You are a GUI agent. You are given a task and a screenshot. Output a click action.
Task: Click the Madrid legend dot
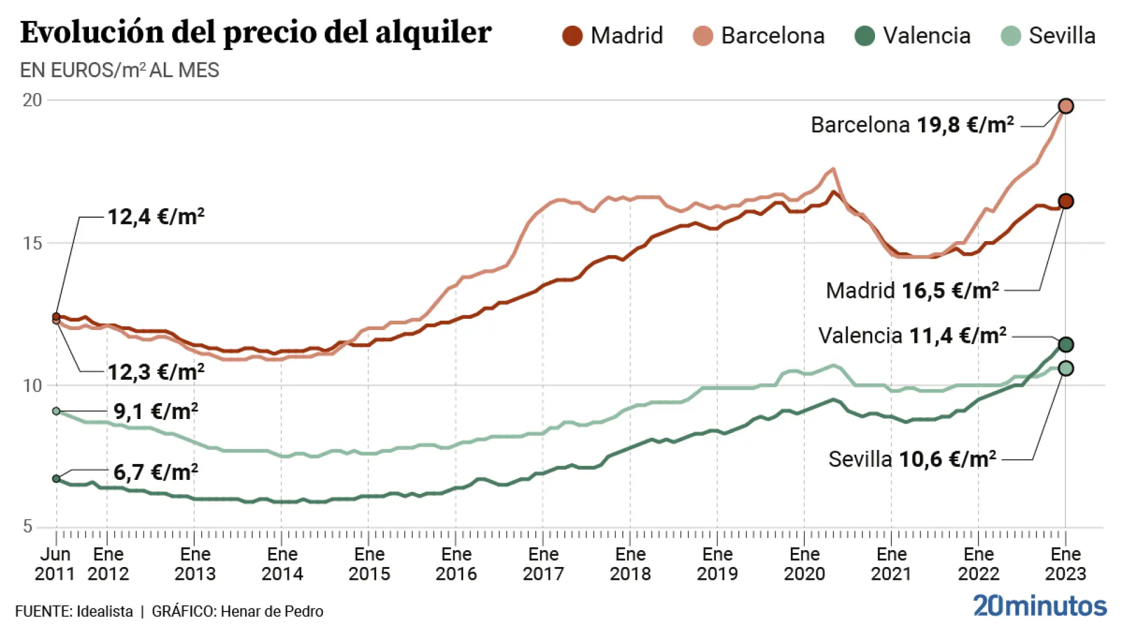click(x=572, y=36)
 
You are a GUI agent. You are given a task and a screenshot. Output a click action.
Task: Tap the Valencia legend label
click(x=926, y=36)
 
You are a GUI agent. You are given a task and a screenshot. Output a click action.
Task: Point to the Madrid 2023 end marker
click(x=1066, y=201)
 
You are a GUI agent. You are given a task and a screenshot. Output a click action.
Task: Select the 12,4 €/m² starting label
click(x=156, y=217)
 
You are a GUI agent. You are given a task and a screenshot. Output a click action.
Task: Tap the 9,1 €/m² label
click(x=156, y=411)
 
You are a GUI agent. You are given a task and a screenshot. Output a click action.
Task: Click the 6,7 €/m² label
click(x=156, y=472)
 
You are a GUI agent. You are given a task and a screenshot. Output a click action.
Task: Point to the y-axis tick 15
click(x=33, y=243)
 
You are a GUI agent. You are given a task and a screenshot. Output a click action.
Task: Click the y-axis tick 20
click(x=33, y=100)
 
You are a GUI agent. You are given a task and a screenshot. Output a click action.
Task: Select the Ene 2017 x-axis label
click(x=543, y=564)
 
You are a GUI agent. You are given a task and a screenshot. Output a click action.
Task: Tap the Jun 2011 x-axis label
click(x=55, y=564)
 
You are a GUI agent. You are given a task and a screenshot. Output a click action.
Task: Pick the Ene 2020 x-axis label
click(x=804, y=564)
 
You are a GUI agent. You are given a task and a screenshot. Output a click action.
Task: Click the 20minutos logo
click(x=1039, y=606)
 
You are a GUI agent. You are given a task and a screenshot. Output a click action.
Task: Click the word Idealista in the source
click(x=105, y=612)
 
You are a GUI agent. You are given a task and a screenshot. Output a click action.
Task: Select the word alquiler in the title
click(x=433, y=32)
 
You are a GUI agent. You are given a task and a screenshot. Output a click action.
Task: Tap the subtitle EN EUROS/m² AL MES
click(x=119, y=70)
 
